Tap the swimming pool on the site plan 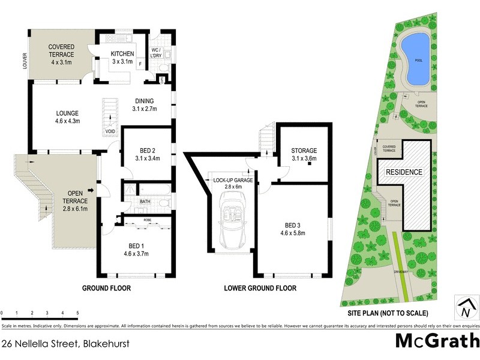[x=413, y=58]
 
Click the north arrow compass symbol [x=465, y=307]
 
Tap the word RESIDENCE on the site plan [x=404, y=172]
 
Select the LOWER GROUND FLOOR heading [x=260, y=289]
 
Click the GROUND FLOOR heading [x=106, y=289]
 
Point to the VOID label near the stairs [x=110, y=131]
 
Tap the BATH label [x=145, y=202]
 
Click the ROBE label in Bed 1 [x=147, y=220]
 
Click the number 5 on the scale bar [x=77, y=313]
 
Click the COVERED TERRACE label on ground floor [x=61, y=51]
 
